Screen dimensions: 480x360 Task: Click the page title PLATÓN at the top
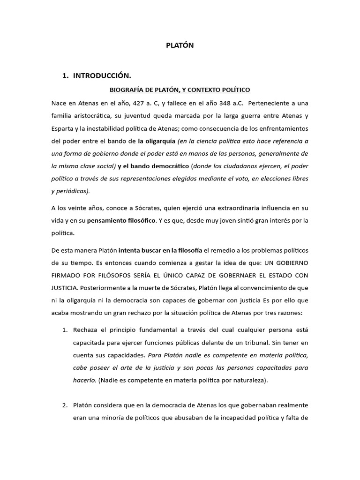click(180, 45)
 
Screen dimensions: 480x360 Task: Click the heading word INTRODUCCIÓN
click(102, 75)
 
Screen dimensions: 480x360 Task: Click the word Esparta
click(65, 128)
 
